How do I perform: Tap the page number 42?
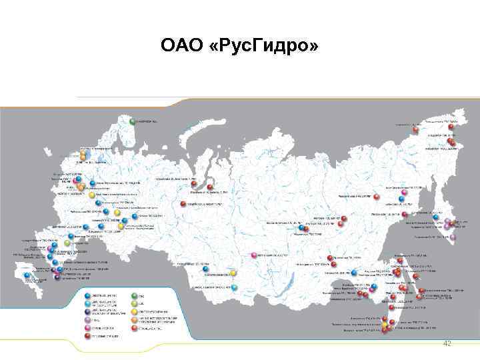[447, 343]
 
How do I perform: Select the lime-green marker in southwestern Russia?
[67, 243]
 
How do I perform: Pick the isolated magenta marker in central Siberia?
[253, 255]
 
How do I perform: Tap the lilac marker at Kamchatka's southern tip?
[453, 237]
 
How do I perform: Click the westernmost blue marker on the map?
[26, 275]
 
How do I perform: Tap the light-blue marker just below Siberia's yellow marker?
[235, 287]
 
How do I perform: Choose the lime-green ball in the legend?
[134, 303]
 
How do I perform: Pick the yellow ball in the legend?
[134, 311]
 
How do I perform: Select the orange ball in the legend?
[134, 320]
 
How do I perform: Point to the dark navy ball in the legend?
[87, 311]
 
